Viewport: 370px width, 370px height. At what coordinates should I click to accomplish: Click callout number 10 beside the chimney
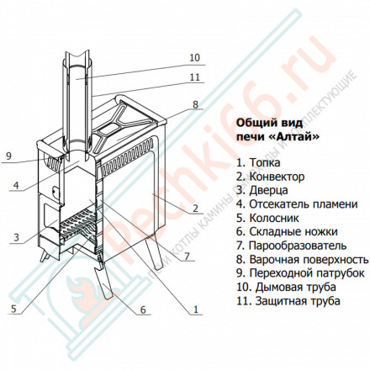coord(195,58)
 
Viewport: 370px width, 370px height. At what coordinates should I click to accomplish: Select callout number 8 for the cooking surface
coord(195,105)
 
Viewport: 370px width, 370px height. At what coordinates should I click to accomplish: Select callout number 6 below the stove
coord(142,310)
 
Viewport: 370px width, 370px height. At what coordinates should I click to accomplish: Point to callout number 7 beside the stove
coord(187,255)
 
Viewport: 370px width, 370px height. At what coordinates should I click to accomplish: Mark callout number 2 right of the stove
coord(195,209)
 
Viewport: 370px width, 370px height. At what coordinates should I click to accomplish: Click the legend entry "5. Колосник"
coord(271,217)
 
